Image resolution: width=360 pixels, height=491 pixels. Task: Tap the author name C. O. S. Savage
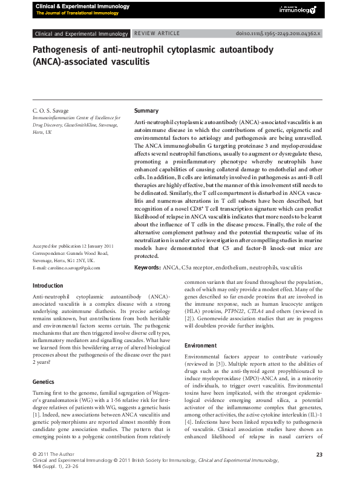(51, 111)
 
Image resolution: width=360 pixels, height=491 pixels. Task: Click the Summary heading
(146, 111)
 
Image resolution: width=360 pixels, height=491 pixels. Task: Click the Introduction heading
(47, 286)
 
